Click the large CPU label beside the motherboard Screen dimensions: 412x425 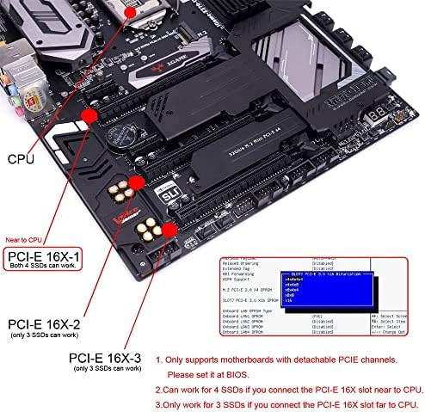point(22,159)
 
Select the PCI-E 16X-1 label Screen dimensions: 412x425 point(46,256)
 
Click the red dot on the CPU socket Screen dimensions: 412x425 point(129,13)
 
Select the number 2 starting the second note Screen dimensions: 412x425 point(159,388)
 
